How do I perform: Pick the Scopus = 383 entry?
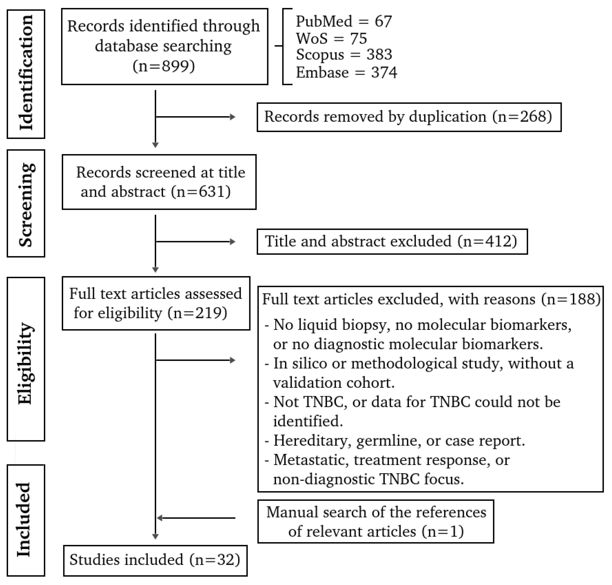click(x=344, y=55)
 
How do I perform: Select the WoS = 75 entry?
click(x=331, y=38)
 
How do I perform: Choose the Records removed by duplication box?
click(x=409, y=117)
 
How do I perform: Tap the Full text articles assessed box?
click(x=156, y=303)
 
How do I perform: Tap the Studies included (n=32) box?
click(x=155, y=560)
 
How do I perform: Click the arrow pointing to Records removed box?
click(x=196, y=117)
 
